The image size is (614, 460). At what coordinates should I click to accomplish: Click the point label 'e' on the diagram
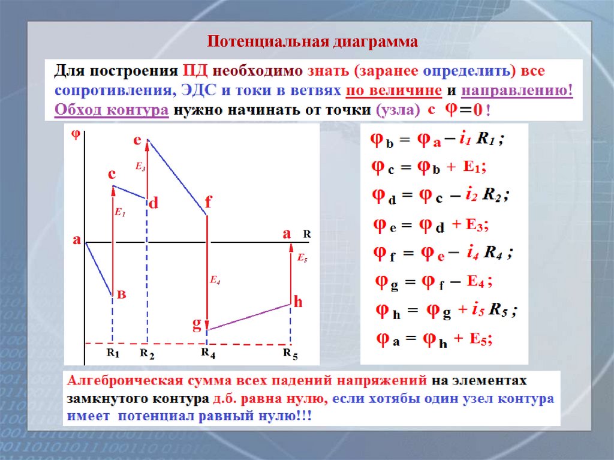pos(137,140)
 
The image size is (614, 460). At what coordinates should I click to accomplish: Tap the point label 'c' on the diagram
pos(112,175)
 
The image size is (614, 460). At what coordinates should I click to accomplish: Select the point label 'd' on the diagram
pos(153,203)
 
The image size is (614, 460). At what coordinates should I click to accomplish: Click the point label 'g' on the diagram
pos(196,324)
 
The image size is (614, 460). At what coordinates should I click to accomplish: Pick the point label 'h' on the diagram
pos(298,303)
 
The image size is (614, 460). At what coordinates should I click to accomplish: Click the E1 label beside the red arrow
pos(120,212)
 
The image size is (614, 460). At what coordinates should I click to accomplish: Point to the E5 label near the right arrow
pos(302,258)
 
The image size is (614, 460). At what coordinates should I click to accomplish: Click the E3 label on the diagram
pos(140,167)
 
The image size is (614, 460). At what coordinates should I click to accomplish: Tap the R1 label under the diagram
pos(113,354)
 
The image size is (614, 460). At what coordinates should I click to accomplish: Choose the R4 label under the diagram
pos(208,354)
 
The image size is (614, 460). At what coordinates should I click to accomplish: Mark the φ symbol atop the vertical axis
pos(76,134)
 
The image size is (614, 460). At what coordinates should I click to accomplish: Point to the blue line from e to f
pos(177,177)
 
